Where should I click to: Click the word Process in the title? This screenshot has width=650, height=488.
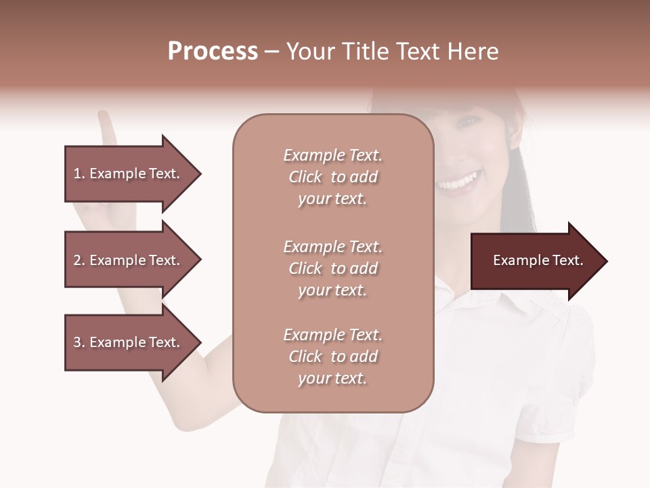coord(213,52)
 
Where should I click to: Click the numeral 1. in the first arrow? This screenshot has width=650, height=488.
coord(79,174)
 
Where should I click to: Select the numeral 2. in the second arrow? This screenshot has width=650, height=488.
coord(79,260)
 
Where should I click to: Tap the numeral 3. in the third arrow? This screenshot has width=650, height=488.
coord(79,342)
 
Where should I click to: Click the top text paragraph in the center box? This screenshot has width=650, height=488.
coord(332,177)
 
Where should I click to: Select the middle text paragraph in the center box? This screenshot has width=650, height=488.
coord(332,268)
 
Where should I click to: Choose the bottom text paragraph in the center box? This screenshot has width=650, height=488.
coord(332,357)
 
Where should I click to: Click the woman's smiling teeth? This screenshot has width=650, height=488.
coord(458,182)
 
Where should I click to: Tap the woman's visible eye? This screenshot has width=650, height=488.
coord(467,122)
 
